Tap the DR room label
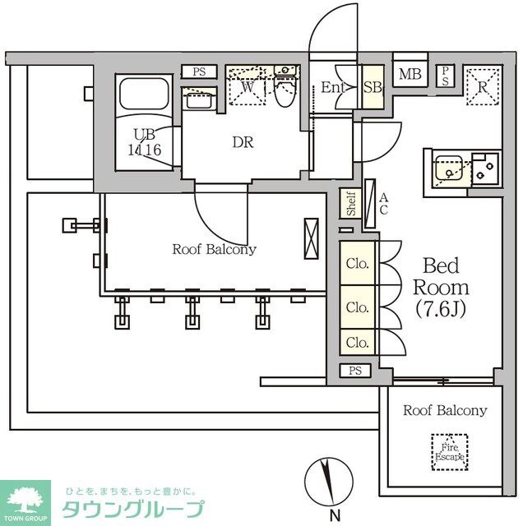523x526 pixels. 243,142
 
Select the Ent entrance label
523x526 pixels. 332,87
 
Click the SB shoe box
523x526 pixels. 371,87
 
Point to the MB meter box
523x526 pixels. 410,76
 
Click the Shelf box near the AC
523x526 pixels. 350,204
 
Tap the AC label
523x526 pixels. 382,204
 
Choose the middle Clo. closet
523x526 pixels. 357,307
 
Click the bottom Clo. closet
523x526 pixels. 357,342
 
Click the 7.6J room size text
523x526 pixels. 442,311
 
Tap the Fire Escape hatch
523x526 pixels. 447,450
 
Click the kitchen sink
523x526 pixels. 448,169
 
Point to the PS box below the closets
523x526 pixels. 354,371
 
